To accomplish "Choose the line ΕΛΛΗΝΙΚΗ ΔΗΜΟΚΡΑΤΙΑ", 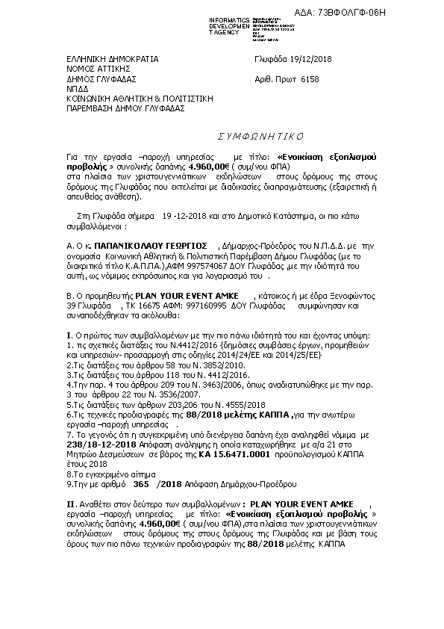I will point(112,58).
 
